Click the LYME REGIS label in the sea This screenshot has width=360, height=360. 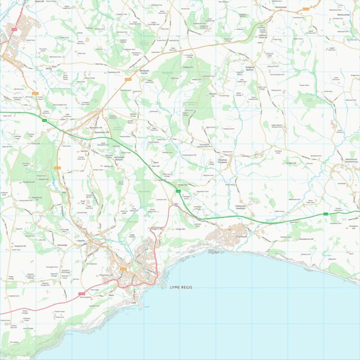tap(181, 287)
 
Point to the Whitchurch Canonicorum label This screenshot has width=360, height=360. tap(343, 161)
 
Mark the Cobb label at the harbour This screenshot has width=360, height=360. tap(134, 302)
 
